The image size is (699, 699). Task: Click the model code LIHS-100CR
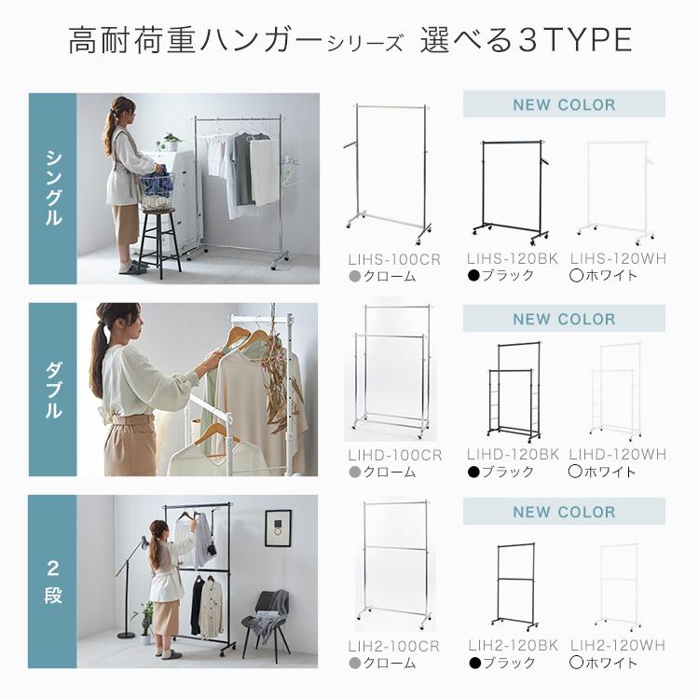pos(394,259)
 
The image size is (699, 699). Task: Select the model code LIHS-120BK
pos(513,258)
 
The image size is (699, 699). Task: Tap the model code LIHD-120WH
pos(617,455)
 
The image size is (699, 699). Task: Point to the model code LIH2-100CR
pos(393,647)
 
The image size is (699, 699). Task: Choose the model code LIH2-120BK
pos(513,645)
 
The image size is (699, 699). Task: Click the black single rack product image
pos(512,192)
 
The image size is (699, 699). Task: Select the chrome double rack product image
pos(391,371)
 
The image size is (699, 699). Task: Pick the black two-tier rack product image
pos(514,586)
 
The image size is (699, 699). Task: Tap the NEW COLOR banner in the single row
pos(564,104)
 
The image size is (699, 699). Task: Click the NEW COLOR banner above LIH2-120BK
pos(564,512)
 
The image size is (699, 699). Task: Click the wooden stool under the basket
pos(158,243)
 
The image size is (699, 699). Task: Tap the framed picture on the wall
pos(278,528)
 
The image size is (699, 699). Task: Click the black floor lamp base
pos(126,635)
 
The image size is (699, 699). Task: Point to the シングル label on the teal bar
pos(53,188)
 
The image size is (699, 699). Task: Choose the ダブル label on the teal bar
pos(53,390)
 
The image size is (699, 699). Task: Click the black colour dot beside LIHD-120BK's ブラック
pos(473,472)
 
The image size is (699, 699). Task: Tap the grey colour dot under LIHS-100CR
pos(355,277)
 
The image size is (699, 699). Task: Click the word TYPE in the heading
pos(587,40)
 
